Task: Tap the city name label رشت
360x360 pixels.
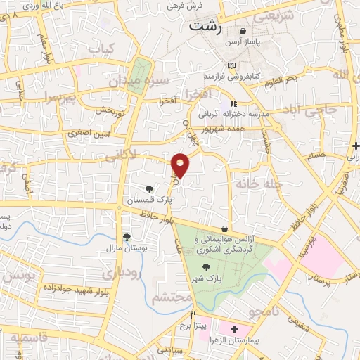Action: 205,27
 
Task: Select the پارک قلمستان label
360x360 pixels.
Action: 148,200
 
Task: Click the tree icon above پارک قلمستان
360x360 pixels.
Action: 149,188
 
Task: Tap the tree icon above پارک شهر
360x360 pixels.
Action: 205,266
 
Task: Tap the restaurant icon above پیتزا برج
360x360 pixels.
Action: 194,315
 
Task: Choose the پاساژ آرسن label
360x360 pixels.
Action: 243,43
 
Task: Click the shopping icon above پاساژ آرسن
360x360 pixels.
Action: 243,31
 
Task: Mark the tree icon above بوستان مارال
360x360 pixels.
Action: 127,237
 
